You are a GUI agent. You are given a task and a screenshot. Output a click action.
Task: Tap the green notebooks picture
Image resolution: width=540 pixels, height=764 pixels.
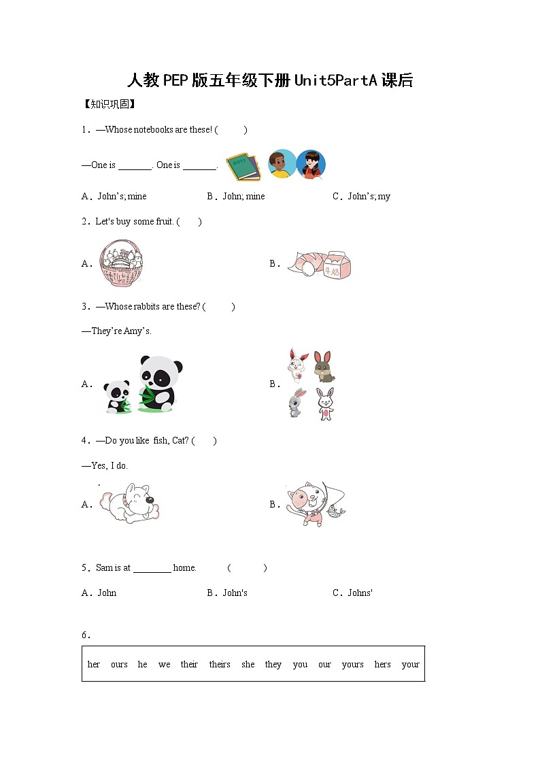click(243, 166)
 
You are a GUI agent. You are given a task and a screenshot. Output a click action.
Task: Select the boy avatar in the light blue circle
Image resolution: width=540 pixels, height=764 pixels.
click(282, 164)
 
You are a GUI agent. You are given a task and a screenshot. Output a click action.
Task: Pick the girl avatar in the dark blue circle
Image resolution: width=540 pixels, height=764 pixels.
click(311, 164)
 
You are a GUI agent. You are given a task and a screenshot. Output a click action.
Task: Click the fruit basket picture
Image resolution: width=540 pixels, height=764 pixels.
click(120, 263)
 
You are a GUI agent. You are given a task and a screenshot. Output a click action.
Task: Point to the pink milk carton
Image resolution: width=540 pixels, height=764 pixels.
click(336, 265)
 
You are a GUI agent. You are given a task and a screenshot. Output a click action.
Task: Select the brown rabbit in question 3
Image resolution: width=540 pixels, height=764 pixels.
click(324, 367)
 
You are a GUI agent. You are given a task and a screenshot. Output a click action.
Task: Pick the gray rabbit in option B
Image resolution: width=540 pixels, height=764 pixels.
click(294, 403)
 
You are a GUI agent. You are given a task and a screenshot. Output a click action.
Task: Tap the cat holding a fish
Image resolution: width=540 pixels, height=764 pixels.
click(313, 505)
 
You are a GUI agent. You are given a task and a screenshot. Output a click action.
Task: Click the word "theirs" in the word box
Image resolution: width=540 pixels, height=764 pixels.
click(220, 665)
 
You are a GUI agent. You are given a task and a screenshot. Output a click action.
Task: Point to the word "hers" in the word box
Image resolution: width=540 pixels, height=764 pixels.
click(382, 665)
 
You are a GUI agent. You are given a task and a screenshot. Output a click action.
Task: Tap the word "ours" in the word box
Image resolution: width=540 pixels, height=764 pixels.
click(119, 665)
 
